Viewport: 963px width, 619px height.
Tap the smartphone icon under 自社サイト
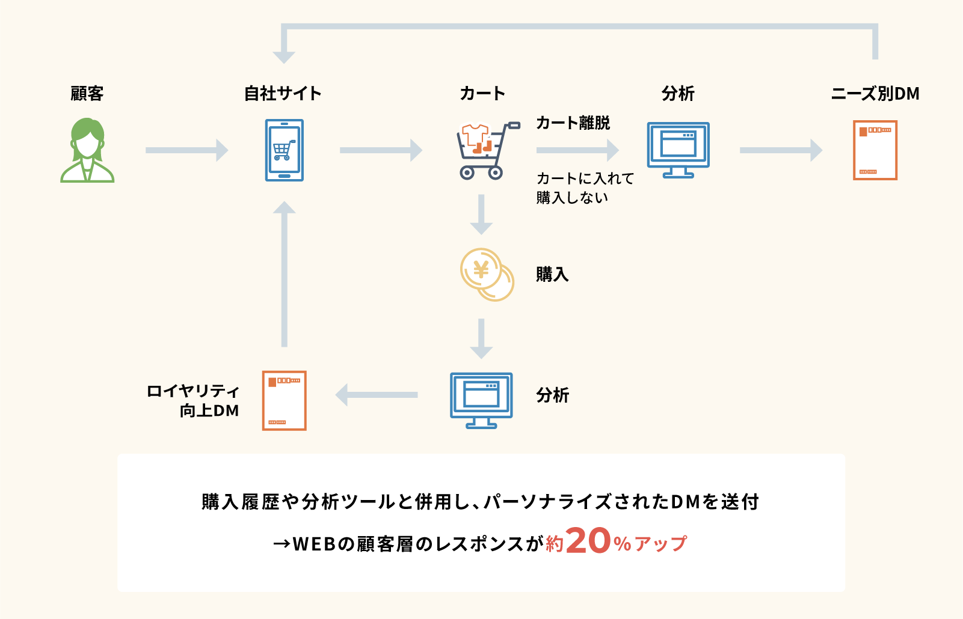[284, 150]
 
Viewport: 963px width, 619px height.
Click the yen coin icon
[486, 274]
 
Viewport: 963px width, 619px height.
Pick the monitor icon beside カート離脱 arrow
[678, 150]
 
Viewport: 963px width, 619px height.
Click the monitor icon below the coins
[481, 400]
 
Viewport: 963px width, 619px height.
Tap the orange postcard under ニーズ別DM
[875, 150]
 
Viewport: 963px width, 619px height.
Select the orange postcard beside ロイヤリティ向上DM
[284, 400]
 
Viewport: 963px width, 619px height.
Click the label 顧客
[87, 94]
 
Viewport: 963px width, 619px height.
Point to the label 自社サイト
[283, 94]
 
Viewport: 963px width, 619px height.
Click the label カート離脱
[573, 123]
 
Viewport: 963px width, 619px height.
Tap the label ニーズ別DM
[875, 94]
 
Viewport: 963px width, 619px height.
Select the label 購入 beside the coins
[552, 275]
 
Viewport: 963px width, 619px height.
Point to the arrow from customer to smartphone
[186, 150]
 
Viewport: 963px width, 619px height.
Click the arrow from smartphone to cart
[381, 150]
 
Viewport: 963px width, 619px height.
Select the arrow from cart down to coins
[481, 215]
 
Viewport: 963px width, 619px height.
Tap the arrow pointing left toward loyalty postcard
[377, 395]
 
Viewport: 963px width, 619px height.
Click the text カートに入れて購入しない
[585, 188]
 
